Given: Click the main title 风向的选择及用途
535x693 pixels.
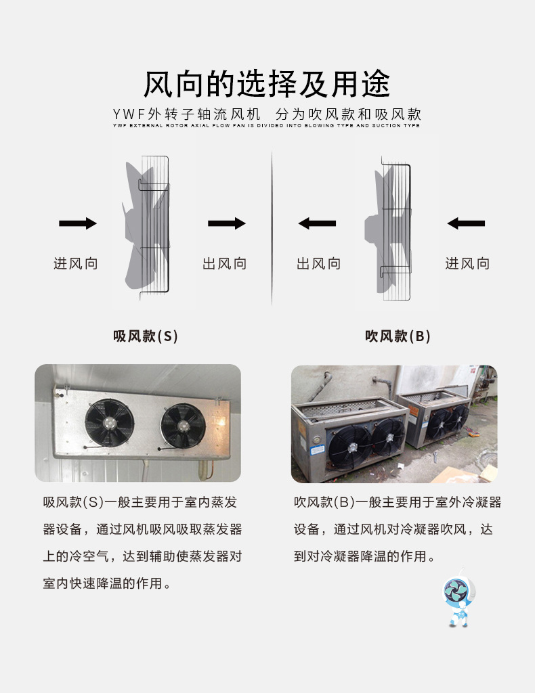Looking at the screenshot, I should tap(267, 85).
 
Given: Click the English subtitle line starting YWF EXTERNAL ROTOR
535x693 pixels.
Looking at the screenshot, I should tap(267, 125).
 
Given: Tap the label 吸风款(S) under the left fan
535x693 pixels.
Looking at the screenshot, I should tap(146, 336).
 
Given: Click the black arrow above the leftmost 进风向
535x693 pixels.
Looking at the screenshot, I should tap(78, 223).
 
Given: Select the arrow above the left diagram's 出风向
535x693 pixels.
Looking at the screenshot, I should tap(226, 223).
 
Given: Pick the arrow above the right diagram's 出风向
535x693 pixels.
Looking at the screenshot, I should tap(318, 223).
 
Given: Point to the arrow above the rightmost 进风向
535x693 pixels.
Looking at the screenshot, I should tap(466, 223).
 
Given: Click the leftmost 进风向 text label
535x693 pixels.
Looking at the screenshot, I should tap(76, 263).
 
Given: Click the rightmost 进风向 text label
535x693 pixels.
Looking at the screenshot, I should tap(467, 263).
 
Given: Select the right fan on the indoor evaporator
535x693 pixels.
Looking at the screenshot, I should tap(183, 426).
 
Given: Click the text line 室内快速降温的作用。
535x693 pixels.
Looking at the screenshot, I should tap(106, 583).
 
